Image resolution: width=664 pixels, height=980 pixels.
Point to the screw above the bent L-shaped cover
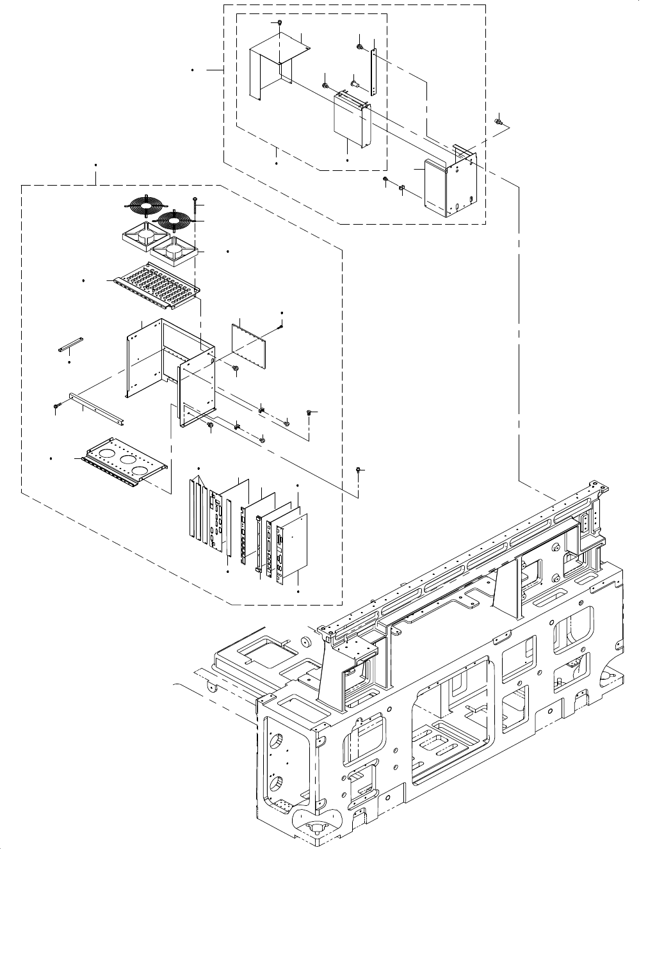pyautogui.click(x=280, y=24)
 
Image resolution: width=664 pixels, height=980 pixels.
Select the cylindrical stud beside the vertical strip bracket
pyautogui.click(x=353, y=81)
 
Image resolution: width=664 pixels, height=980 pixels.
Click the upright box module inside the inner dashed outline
pyautogui.click(x=352, y=120)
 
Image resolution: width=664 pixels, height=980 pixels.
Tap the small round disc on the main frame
pyautogui.click(x=307, y=642)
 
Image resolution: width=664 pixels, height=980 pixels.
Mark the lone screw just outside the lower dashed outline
pyautogui.click(x=359, y=470)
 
